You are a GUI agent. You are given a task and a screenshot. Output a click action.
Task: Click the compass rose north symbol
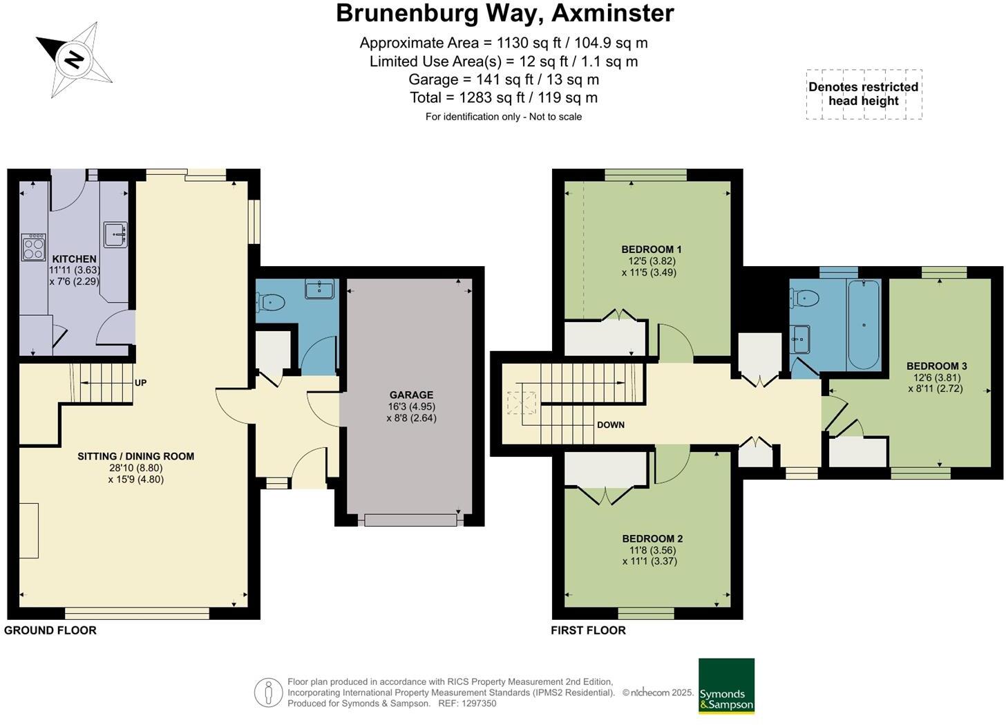point(74,59)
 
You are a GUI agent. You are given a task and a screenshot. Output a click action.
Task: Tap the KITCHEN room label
point(75,259)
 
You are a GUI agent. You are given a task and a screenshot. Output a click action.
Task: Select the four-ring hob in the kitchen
point(33,247)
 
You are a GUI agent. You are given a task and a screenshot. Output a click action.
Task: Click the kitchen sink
point(116,234)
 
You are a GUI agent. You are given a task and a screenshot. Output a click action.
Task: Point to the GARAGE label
point(411,395)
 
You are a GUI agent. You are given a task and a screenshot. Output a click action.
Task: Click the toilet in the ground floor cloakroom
point(270,302)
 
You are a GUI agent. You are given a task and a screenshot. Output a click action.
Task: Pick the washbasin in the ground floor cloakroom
point(319,289)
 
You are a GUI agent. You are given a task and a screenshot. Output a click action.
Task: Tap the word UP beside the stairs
point(140,383)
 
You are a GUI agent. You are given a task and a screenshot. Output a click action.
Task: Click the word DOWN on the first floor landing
point(611,425)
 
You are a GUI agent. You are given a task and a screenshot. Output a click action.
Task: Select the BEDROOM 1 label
point(652,249)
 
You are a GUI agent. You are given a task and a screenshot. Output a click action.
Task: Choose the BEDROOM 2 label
point(652,538)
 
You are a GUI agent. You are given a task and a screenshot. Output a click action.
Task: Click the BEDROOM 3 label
point(937,366)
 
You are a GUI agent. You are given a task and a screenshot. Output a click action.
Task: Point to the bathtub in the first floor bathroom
point(864,324)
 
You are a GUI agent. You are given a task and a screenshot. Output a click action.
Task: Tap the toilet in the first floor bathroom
point(804,297)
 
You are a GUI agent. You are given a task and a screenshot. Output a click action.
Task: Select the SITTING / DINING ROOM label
point(136,456)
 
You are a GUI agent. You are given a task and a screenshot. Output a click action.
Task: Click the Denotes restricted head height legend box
point(864,94)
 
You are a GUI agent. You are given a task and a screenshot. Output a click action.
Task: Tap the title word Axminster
point(613,13)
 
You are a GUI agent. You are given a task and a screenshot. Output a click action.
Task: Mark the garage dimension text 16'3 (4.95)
point(412,406)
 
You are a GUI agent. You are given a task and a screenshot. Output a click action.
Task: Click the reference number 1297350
point(479,704)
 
